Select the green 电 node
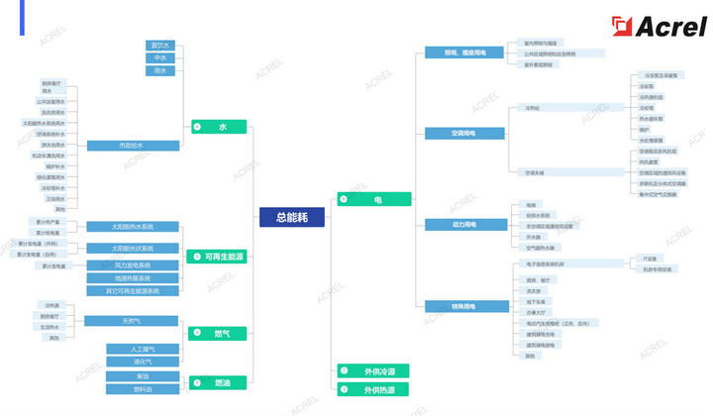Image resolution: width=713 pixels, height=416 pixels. click(x=373, y=199)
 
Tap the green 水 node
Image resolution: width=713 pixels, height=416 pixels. click(x=219, y=127)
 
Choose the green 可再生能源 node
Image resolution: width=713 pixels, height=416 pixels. click(x=216, y=257)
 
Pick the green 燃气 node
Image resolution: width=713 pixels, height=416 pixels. click(x=216, y=333)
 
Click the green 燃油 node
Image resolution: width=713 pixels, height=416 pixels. click(x=216, y=382)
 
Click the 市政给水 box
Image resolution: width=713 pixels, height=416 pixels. click(x=133, y=146)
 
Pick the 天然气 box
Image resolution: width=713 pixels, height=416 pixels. click(x=132, y=321)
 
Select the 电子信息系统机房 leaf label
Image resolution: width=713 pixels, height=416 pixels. click(x=545, y=264)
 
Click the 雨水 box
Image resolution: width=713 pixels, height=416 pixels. click(x=159, y=70)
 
